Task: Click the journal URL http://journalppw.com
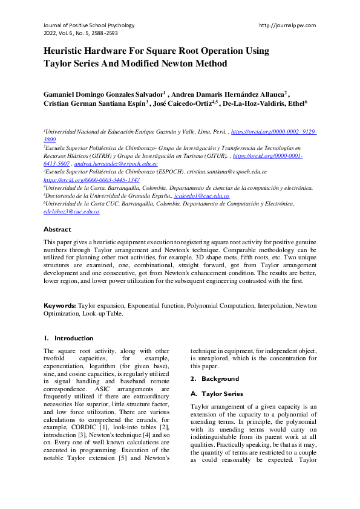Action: point(287,25)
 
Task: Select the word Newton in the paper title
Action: point(182,63)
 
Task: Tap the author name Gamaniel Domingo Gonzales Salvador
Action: point(103,95)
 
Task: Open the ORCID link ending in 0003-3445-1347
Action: point(91,180)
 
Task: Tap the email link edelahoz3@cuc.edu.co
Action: point(71,212)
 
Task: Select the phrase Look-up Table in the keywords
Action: point(103,314)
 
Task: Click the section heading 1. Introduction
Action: point(68,338)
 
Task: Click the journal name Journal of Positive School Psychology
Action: point(89,25)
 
